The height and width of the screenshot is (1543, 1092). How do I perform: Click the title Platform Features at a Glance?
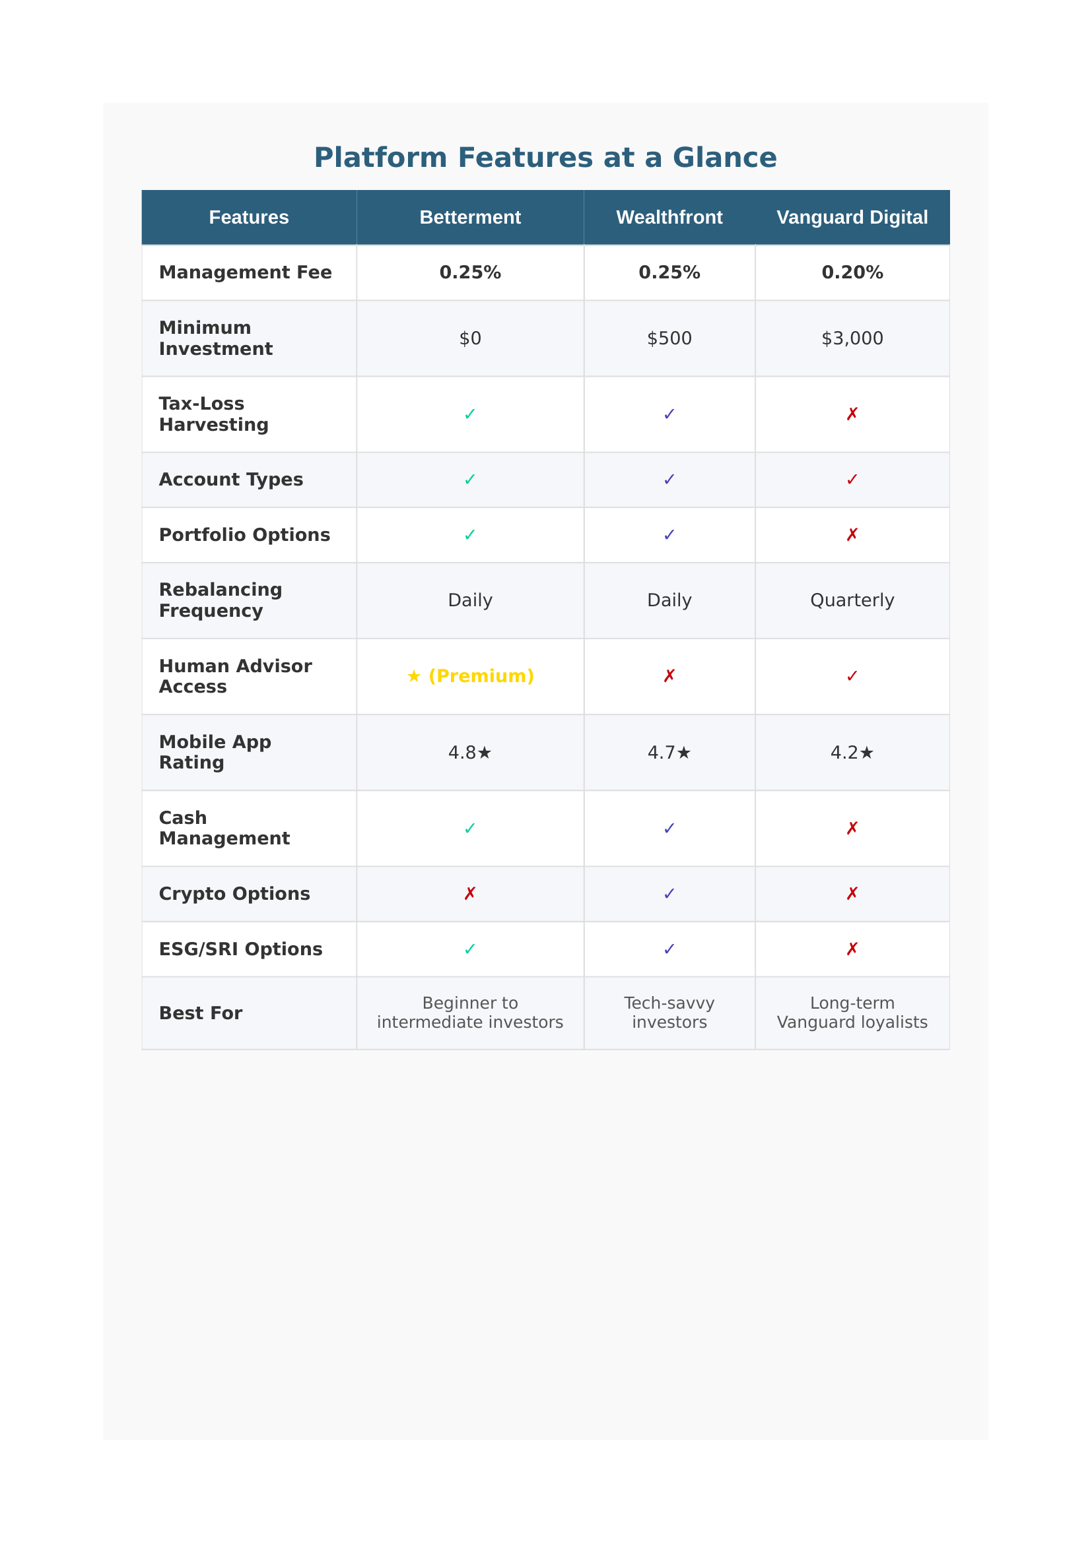[x=545, y=157]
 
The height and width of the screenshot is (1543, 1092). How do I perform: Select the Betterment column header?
[x=470, y=217]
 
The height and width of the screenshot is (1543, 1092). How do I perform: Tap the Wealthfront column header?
[x=669, y=217]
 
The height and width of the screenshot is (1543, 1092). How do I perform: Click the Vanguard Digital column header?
[x=852, y=217]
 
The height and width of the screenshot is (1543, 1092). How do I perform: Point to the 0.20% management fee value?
[x=852, y=272]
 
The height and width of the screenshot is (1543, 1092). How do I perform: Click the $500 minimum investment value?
[x=669, y=338]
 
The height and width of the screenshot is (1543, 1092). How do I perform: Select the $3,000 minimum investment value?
[x=852, y=338]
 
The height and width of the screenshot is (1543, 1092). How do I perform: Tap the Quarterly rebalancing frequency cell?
[x=852, y=600]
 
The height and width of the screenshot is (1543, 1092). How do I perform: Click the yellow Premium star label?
[x=470, y=676]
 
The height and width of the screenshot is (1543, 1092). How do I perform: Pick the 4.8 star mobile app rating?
[x=470, y=752]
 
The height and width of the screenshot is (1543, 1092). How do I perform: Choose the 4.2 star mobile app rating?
[x=852, y=752]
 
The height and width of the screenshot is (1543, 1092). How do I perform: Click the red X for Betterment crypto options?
[x=470, y=893]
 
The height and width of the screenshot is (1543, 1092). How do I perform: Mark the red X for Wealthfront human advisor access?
[x=669, y=676]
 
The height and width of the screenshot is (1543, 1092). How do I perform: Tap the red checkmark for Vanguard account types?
[x=852, y=479]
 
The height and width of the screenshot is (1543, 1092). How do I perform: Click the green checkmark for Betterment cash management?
[x=470, y=828]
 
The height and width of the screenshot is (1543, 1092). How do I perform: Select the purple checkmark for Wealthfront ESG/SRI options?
[x=669, y=949]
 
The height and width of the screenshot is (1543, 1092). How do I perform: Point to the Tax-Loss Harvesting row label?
[x=214, y=414]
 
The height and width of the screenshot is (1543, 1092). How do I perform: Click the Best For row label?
[x=201, y=1013]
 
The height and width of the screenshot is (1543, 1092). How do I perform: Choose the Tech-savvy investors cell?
[x=669, y=1012]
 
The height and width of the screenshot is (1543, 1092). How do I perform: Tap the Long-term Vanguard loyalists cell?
[x=852, y=1012]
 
